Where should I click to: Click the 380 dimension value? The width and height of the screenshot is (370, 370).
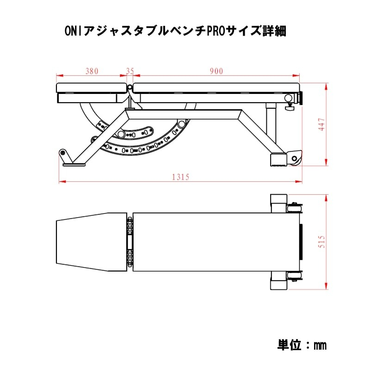pyautogui.click(x=92, y=71)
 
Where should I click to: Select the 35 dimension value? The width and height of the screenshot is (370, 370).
pyautogui.click(x=130, y=71)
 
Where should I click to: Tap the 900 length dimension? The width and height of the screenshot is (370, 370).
pyautogui.click(x=216, y=71)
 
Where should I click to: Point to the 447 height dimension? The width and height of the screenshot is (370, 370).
pyautogui.click(x=322, y=124)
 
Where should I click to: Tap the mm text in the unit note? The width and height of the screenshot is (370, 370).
pyautogui.click(x=320, y=345)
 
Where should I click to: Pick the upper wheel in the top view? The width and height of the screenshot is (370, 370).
pyautogui.click(x=293, y=207)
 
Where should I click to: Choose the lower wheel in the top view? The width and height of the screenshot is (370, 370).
pyautogui.click(x=293, y=277)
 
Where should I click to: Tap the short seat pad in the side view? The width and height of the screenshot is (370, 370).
pyautogui.click(x=91, y=87)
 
